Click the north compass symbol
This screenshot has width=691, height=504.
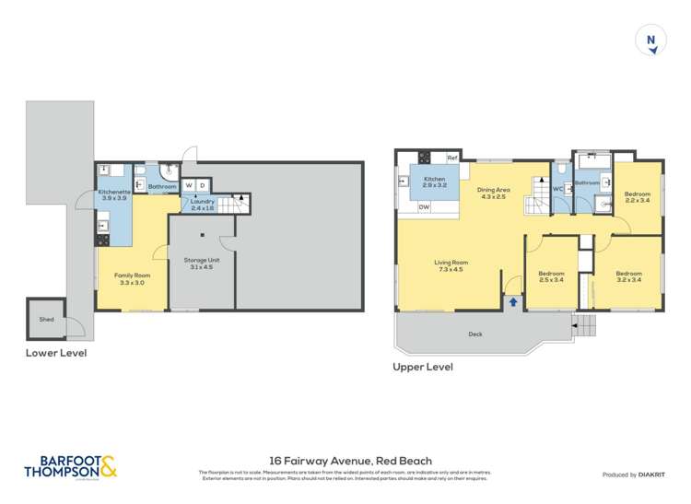pos(651,41)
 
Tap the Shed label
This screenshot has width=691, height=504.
pos(46,320)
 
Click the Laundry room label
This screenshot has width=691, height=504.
pos(203,205)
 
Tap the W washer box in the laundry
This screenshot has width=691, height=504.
pos(189,185)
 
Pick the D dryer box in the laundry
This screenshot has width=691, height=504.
pos(203,185)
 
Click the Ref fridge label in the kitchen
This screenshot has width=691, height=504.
pos(452,158)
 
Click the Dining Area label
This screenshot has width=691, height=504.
pos(493,193)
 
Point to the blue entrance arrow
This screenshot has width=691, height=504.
pos(513,301)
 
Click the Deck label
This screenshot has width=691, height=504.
pos(475,334)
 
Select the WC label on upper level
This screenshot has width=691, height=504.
pos(557,189)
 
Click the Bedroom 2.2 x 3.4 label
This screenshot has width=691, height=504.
pos(637,197)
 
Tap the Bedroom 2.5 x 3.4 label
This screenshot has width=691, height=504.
pos(551,276)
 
